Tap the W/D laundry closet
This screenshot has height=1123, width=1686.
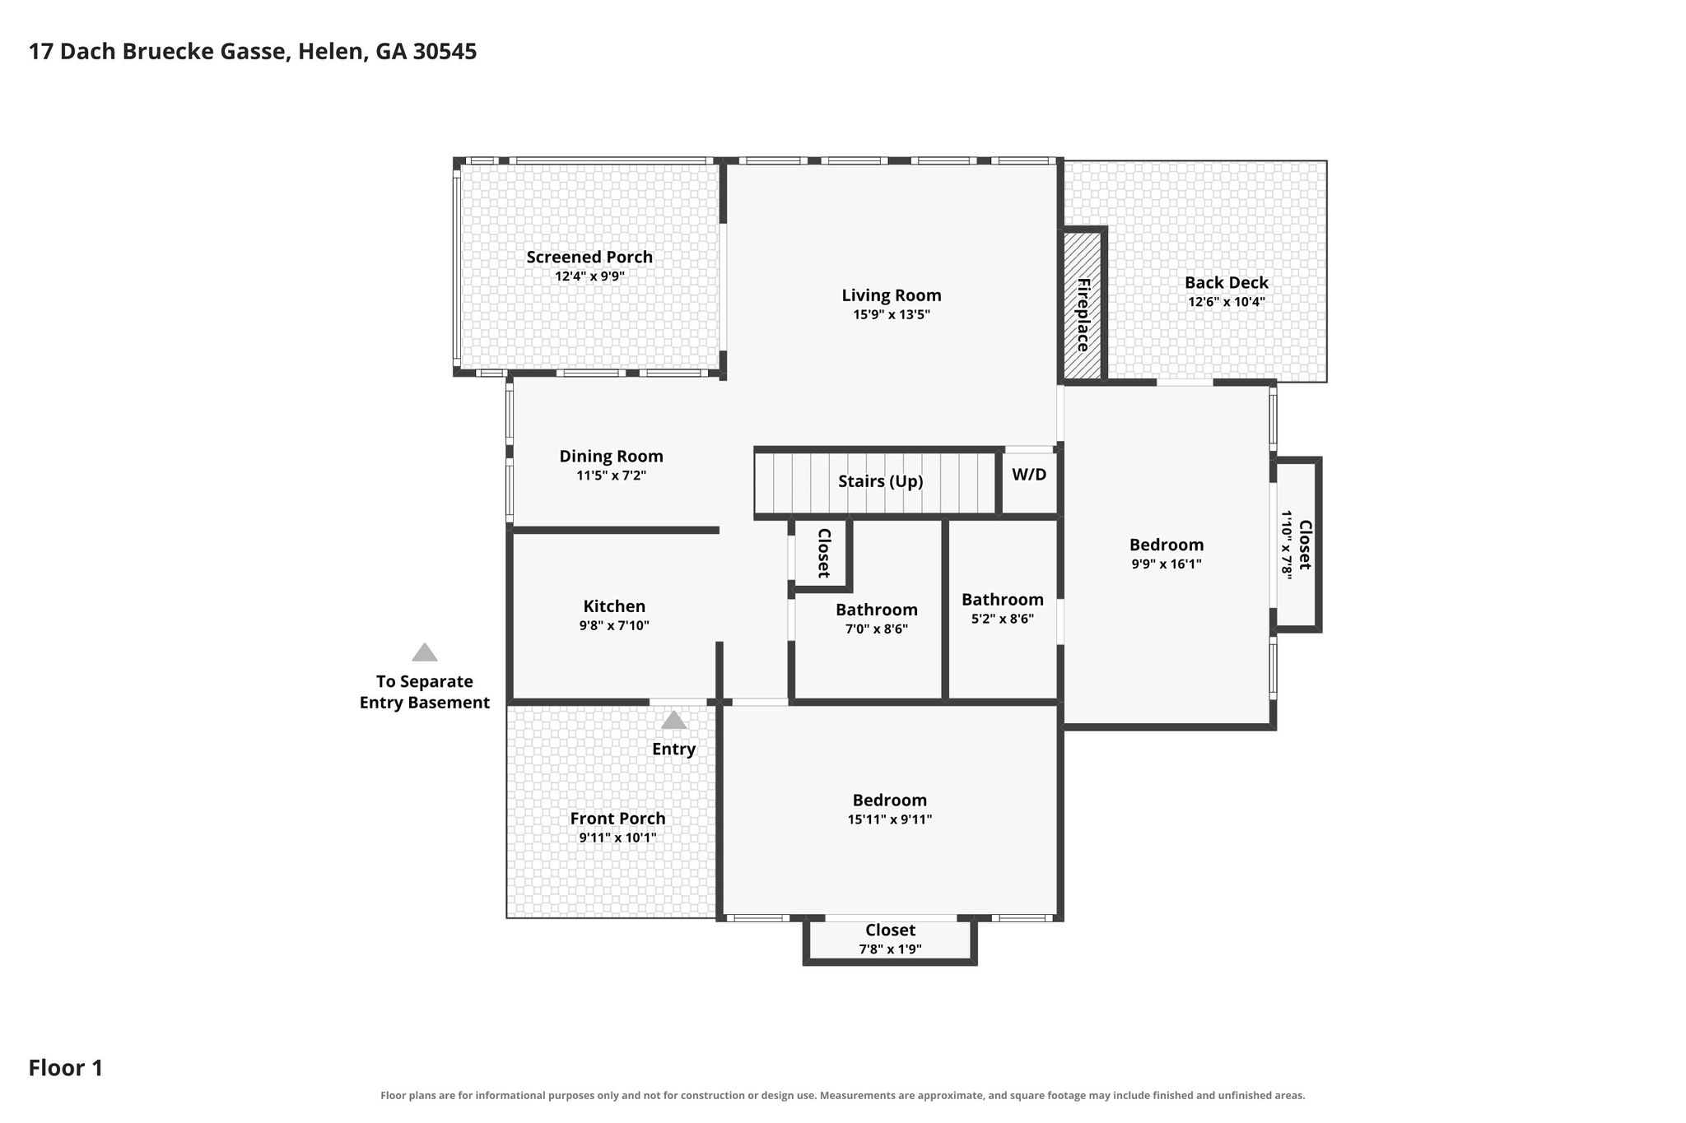point(1029,482)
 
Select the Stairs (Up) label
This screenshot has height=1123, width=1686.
point(880,481)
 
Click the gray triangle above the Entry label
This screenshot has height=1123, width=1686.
point(673,720)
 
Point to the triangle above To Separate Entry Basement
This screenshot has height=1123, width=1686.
point(424,652)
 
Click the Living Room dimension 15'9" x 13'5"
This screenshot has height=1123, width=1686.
point(892,314)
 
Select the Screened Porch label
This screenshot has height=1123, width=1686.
point(589,257)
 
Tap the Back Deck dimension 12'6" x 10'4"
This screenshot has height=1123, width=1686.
point(1226,301)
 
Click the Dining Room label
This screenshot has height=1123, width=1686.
point(611,456)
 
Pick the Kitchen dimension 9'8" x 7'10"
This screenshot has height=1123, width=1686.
point(614,625)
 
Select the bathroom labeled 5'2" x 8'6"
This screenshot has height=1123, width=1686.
point(1002,609)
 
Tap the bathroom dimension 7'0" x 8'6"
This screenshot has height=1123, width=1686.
point(877,629)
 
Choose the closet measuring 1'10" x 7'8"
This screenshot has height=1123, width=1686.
point(1297,545)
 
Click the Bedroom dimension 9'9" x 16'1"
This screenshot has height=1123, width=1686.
point(1167,564)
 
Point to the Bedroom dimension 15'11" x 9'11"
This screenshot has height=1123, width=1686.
point(890,819)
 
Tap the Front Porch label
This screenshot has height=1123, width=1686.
point(617,819)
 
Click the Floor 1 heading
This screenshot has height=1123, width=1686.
point(66,1068)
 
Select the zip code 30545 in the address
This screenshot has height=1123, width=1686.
point(445,52)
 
